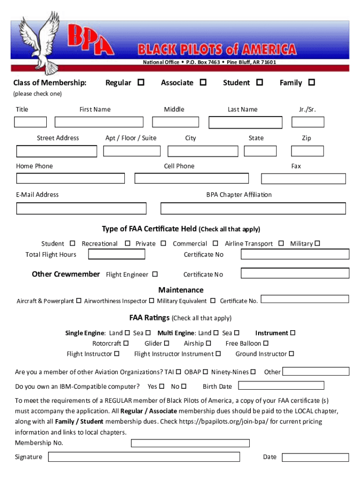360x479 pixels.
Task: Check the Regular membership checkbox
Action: [140, 82]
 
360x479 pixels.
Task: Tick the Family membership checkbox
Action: [311, 82]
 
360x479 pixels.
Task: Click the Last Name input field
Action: [245, 123]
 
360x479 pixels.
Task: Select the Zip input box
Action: [307, 151]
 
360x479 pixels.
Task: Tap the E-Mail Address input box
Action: [81, 208]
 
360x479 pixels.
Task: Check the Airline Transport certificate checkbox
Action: [281, 243]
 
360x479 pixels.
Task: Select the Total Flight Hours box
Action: [117, 254]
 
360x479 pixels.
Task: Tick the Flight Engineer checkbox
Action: [155, 274]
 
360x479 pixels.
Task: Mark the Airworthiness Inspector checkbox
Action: [151, 300]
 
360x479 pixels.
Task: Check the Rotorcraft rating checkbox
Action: [126, 343]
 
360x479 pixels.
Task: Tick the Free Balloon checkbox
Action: [266, 343]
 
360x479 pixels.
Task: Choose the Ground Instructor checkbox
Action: [291, 354]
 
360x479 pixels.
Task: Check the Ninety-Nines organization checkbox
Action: [253, 372]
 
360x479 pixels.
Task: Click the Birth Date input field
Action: [281, 386]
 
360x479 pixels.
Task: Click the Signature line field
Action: [144, 457]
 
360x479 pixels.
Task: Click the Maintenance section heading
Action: [181, 290]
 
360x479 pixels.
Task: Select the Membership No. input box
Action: [190, 443]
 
